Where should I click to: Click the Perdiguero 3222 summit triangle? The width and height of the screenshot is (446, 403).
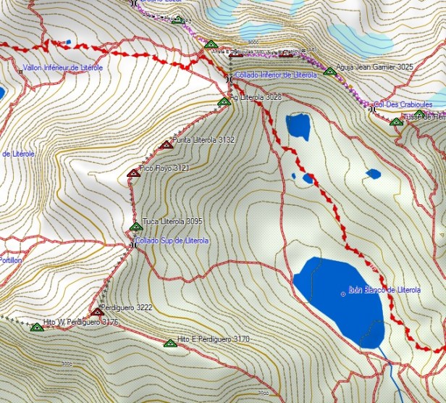[97, 312]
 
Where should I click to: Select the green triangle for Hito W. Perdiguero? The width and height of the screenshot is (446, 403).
[37, 327]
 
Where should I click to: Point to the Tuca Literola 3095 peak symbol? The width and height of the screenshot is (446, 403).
[135, 227]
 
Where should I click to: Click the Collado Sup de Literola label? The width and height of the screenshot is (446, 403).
[172, 241]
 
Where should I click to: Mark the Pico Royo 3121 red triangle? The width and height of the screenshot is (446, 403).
[133, 173]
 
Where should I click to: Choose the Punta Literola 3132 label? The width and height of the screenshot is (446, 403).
[203, 140]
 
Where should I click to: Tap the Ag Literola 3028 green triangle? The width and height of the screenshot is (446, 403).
[224, 101]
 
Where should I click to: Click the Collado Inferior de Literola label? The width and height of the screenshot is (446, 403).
[276, 75]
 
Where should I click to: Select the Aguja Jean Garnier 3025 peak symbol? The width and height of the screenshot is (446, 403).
[329, 71]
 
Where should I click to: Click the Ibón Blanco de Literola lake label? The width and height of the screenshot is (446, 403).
[384, 290]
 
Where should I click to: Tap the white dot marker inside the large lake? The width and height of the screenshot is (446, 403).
[343, 294]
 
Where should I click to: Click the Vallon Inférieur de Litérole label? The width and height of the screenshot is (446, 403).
[63, 67]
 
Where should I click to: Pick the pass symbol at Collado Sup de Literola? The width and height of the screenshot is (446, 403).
[132, 245]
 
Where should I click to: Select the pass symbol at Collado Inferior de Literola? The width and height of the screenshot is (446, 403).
[229, 78]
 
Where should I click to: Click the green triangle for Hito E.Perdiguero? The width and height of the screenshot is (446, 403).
[170, 344]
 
